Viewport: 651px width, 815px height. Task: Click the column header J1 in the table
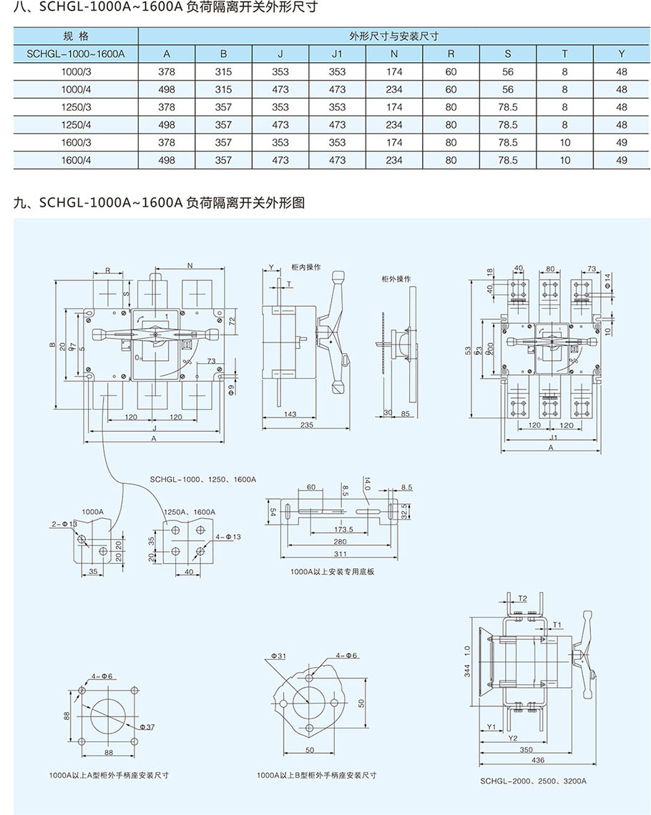[x=337, y=54]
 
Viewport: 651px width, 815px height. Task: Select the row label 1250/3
[x=76, y=107]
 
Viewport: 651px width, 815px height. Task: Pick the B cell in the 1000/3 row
[x=223, y=71]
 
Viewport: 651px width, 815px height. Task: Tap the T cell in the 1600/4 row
[x=564, y=160]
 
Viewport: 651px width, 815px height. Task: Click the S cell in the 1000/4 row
[x=508, y=89]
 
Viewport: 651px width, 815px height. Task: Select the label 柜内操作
[x=306, y=267]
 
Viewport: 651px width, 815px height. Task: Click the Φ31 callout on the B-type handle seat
[x=279, y=656]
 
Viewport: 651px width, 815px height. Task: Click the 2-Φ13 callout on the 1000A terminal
[x=64, y=523]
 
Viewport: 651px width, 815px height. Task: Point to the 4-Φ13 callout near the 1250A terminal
[x=227, y=535]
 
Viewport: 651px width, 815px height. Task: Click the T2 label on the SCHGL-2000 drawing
[x=522, y=598]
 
